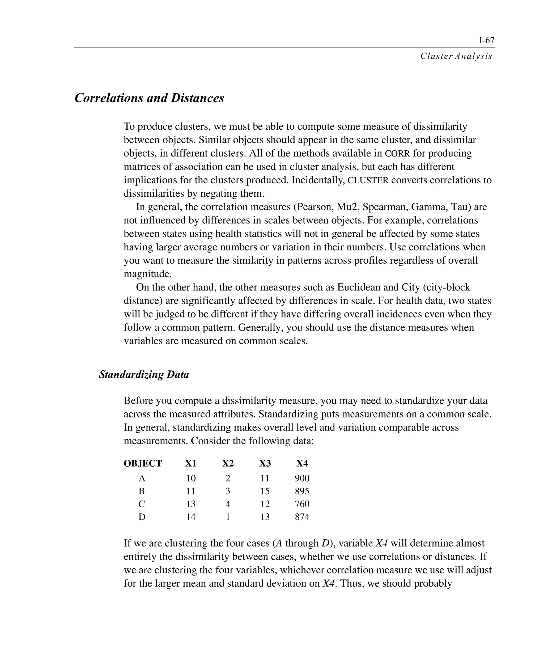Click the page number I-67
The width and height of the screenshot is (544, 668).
click(487, 40)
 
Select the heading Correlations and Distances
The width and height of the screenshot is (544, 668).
click(150, 98)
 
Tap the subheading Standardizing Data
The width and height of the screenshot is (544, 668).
click(144, 375)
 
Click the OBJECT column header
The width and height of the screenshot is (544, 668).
click(143, 463)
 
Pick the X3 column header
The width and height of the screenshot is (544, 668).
click(265, 463)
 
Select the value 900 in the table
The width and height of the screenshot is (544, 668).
click(302, 478)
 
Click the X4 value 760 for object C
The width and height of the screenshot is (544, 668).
click(302, 504)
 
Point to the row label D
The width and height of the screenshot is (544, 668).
click(142, 517)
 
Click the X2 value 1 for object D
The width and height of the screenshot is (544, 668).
click(228, 517)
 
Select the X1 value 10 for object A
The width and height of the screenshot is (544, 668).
click(190, 478)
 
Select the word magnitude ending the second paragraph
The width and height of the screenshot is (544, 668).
click(148, 274)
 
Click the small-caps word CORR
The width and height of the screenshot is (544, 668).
click(397, 154)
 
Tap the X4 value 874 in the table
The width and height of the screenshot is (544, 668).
click(302, 517)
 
